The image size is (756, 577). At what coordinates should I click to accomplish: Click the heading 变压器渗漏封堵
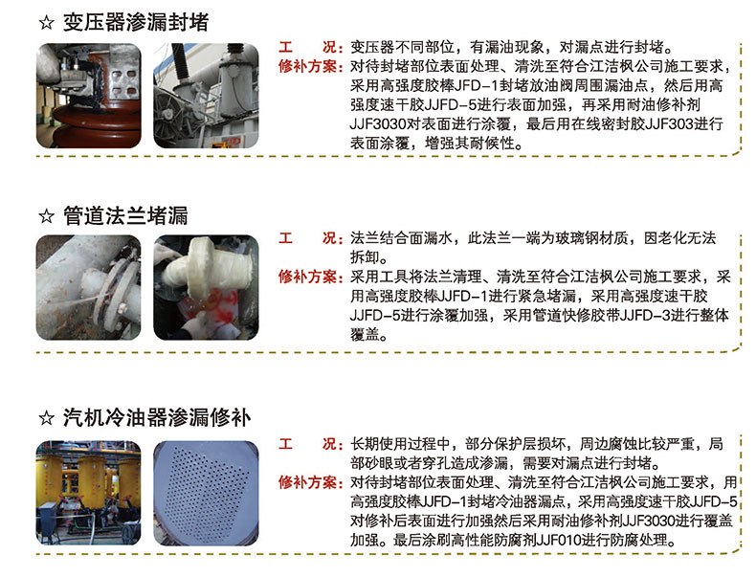[x=136, y=22]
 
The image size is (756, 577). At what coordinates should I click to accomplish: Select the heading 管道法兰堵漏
[x=125, y=215]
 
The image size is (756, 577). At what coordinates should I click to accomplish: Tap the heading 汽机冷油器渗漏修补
[x=157, y=417]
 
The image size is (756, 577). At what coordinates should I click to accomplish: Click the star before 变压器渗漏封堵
[x=46, y=23]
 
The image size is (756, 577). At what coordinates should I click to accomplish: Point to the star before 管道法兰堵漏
[x=46, y=216]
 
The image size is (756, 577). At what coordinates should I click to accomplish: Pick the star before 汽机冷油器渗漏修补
[x=46, y=418]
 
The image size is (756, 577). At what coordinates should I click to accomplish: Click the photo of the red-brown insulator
[x=89, y=96]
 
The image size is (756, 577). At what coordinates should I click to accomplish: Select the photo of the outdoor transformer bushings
[x=206, y=96]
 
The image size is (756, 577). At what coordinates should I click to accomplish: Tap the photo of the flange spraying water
[x=89, y=287]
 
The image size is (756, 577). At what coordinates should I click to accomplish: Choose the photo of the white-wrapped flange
[x=206, y=287]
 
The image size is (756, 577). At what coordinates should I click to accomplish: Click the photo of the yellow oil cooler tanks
[x=89, y=493]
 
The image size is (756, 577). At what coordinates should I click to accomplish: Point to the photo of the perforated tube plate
[x=206, y=493]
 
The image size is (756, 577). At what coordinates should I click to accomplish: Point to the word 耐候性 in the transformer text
[x=492, y=144]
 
